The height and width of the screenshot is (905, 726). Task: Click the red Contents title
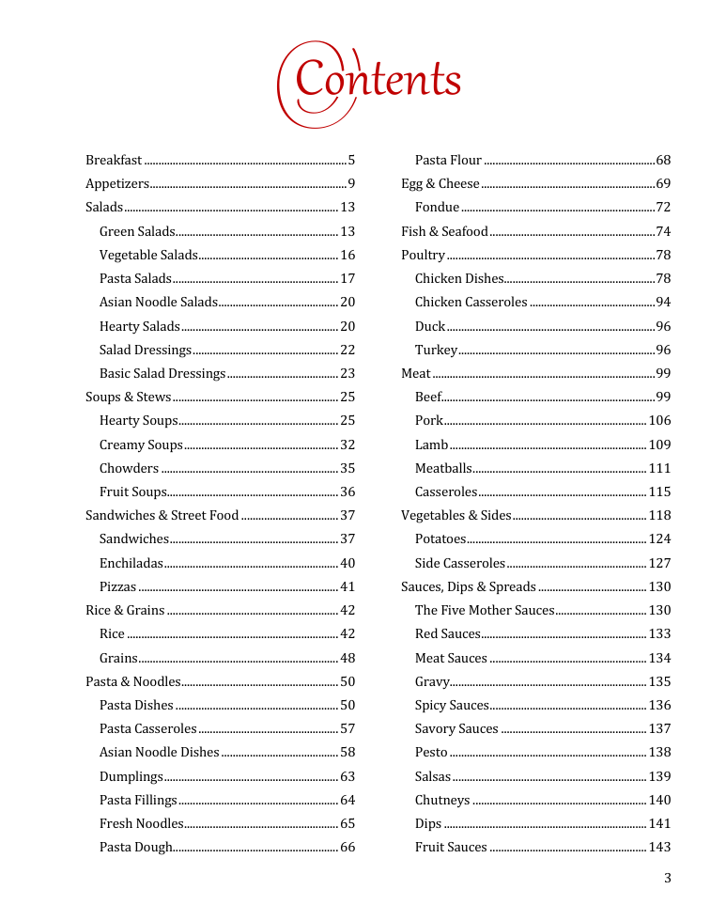pos(370,82)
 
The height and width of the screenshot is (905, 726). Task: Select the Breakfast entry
pos(114,160)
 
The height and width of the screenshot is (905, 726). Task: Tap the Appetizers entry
pos(117,183)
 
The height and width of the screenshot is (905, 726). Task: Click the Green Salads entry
pos(137,231)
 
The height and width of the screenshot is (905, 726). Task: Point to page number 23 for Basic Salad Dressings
pos(348,373)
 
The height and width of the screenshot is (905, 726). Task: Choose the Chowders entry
pos(129,468)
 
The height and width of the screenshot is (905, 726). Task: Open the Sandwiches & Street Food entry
pos(162,515)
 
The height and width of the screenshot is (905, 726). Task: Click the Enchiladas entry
pos(131,563)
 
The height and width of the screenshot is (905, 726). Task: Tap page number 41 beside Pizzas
pos(348,586)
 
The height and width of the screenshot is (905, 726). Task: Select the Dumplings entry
pos(131,776)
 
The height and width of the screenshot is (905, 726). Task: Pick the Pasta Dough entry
pos(136,847)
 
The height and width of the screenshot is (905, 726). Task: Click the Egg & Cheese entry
pos(440,183)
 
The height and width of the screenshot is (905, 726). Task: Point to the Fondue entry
pos(438,207)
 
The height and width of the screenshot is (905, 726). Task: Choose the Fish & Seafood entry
pos(444,231)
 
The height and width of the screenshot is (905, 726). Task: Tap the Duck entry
pos(430,326)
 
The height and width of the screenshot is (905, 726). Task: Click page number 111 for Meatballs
pos(660,468)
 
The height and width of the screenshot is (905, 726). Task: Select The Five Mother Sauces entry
pos(485,610)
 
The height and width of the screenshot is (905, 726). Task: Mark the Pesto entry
pos(431,752)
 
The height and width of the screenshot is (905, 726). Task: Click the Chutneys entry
pos(442,800)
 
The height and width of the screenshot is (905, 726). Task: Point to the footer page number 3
pos(668,879)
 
